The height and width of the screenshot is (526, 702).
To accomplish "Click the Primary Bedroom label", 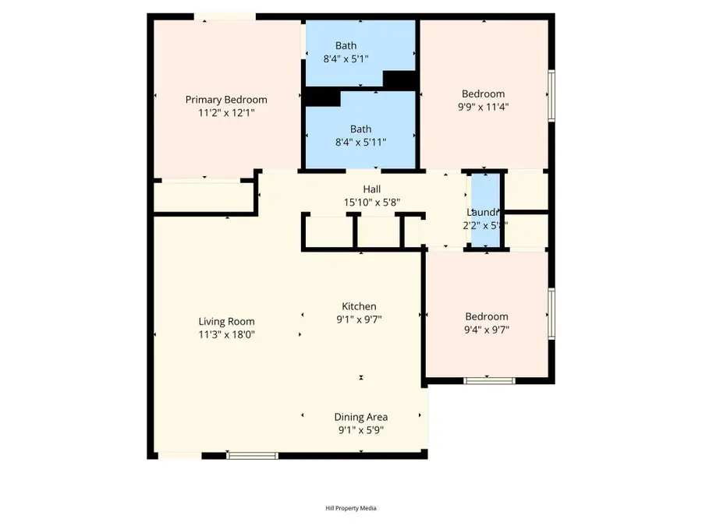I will tap(226, 100).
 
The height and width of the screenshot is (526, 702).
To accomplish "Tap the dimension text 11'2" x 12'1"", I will tap(226, 112).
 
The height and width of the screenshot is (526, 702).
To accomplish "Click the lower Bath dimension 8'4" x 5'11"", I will tap(360, 142).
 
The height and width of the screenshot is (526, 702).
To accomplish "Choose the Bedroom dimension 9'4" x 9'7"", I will tap(487, 329).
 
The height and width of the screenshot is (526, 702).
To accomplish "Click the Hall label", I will tap(372, 189).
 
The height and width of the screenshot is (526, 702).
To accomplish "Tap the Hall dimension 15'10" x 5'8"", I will tap(372, 203).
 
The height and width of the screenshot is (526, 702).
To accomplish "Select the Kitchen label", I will tap(359, 306).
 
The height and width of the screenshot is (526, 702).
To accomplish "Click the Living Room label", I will tap(226, 321).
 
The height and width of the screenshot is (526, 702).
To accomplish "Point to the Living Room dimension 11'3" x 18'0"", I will tap(226, 334).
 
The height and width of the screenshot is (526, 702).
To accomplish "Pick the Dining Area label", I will tap(360, 417).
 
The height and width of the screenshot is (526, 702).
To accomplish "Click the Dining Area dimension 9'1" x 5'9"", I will tap(360, 429).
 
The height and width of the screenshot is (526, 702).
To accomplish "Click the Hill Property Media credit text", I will tap(351, 508).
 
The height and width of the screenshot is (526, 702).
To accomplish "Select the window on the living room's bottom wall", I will tap(252, 455).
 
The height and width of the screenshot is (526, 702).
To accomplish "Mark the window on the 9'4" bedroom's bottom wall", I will tap(489, 380).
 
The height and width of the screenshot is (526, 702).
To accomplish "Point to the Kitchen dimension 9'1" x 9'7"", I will tap(359, 319).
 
